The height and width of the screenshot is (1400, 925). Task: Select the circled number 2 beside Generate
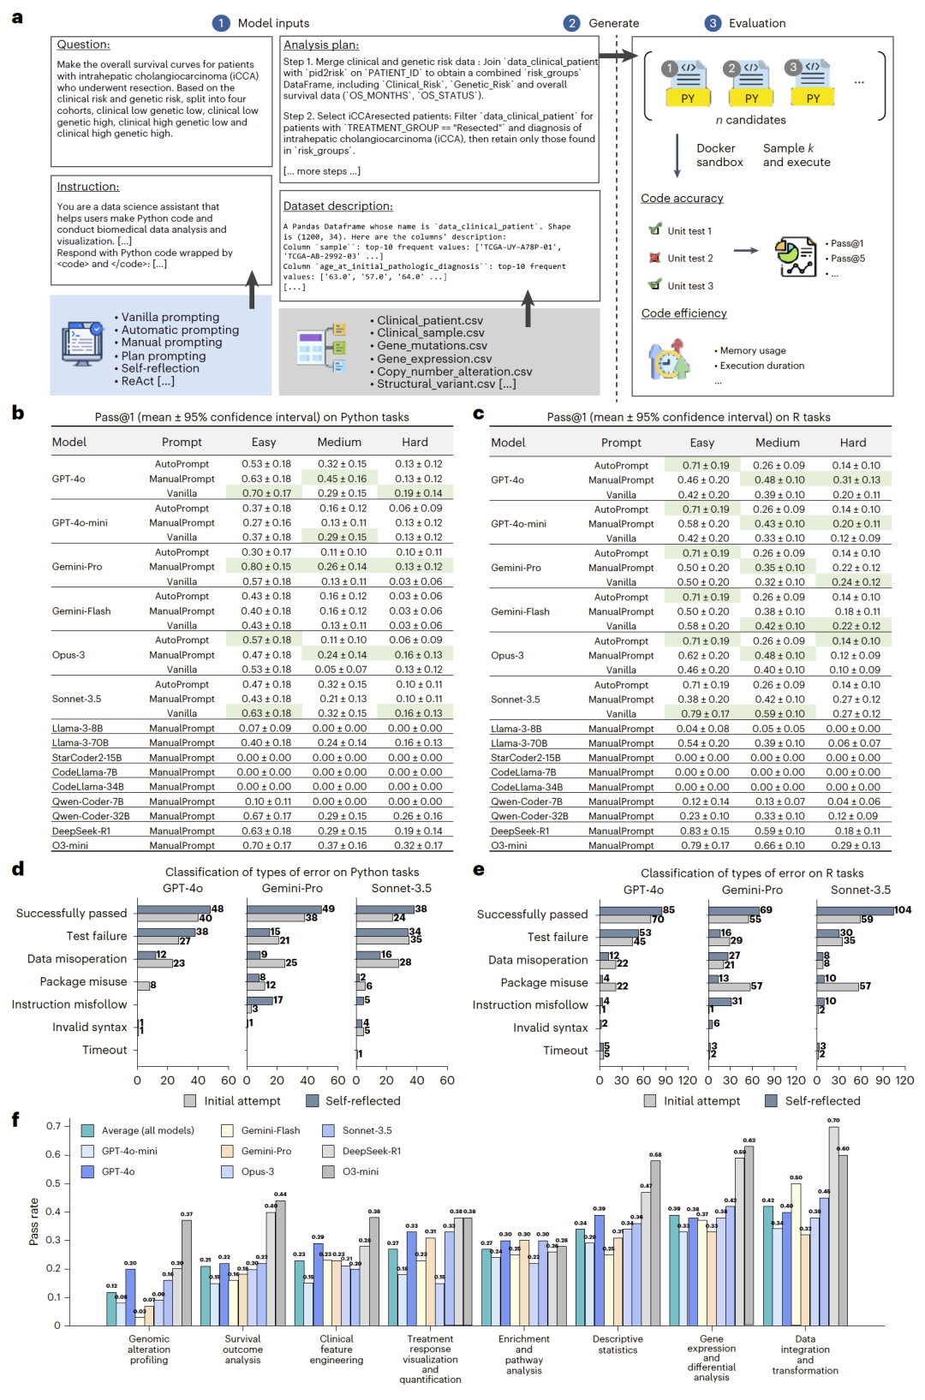[571, 23]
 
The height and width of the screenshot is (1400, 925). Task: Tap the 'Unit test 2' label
[689, 259]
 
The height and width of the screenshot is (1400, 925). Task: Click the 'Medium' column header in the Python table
[339, 443]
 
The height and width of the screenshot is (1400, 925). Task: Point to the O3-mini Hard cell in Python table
[417, 846]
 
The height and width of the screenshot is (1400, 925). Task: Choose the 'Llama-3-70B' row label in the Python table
[80, 743]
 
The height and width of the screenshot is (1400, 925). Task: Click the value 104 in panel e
[903, 910]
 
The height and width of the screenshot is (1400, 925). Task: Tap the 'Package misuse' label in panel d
[83, 982]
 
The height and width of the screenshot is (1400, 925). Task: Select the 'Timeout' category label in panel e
[565, 1051]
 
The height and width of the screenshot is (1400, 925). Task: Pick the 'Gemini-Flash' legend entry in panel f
[271, 1130]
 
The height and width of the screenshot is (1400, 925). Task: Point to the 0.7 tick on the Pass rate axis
[53, 1126]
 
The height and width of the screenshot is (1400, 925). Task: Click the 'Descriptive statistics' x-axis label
[618, 1344]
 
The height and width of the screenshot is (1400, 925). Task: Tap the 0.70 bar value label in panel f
[833, 1120]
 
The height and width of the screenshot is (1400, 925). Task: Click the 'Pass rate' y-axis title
[33, 1222]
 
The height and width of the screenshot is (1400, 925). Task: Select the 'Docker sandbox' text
[719, 155]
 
